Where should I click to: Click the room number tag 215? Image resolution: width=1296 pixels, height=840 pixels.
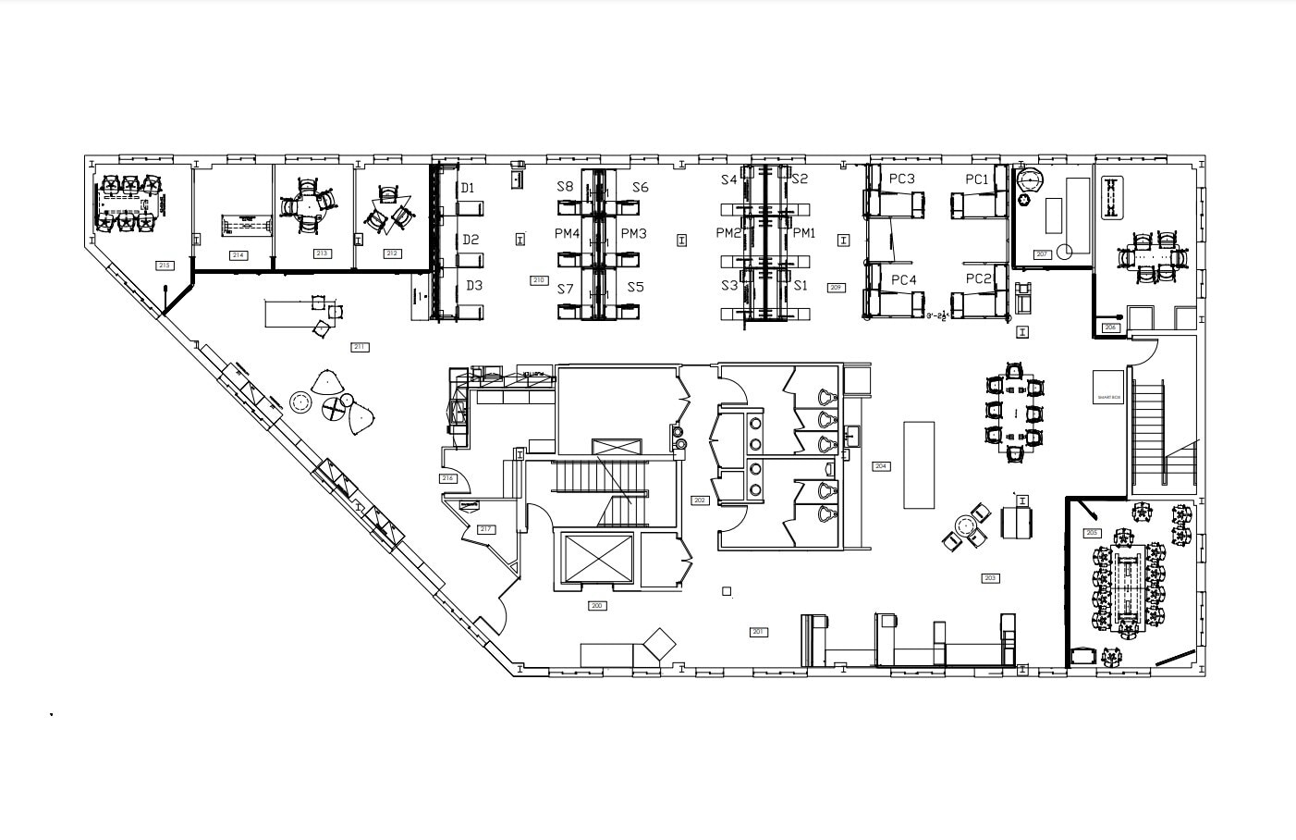[165, 266]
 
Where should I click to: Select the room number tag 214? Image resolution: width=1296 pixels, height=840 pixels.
[238, 254]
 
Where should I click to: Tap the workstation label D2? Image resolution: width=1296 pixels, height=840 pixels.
[471, 240]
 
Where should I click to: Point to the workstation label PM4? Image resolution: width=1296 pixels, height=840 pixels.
[567, 234]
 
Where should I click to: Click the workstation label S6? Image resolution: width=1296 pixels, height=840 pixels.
[640, 188]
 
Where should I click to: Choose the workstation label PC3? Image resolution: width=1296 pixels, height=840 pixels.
[901, 179]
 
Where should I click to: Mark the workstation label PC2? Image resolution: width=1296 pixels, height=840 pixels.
[978, 278]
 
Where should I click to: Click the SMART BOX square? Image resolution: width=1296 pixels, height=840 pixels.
[1108, 386]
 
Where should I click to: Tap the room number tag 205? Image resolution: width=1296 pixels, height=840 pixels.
[1092, 533]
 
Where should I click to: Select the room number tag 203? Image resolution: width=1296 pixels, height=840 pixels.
[990, 578]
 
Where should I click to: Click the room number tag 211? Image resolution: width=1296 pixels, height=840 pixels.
[360, 347]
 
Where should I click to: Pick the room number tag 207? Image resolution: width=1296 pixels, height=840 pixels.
[1042, 254]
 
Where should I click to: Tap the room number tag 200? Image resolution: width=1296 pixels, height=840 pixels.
[597, 606]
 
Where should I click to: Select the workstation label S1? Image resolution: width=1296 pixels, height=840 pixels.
[801, 286]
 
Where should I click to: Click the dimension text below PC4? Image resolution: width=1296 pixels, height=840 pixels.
[939, 316]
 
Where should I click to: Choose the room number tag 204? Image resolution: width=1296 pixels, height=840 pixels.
[881, 466]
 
